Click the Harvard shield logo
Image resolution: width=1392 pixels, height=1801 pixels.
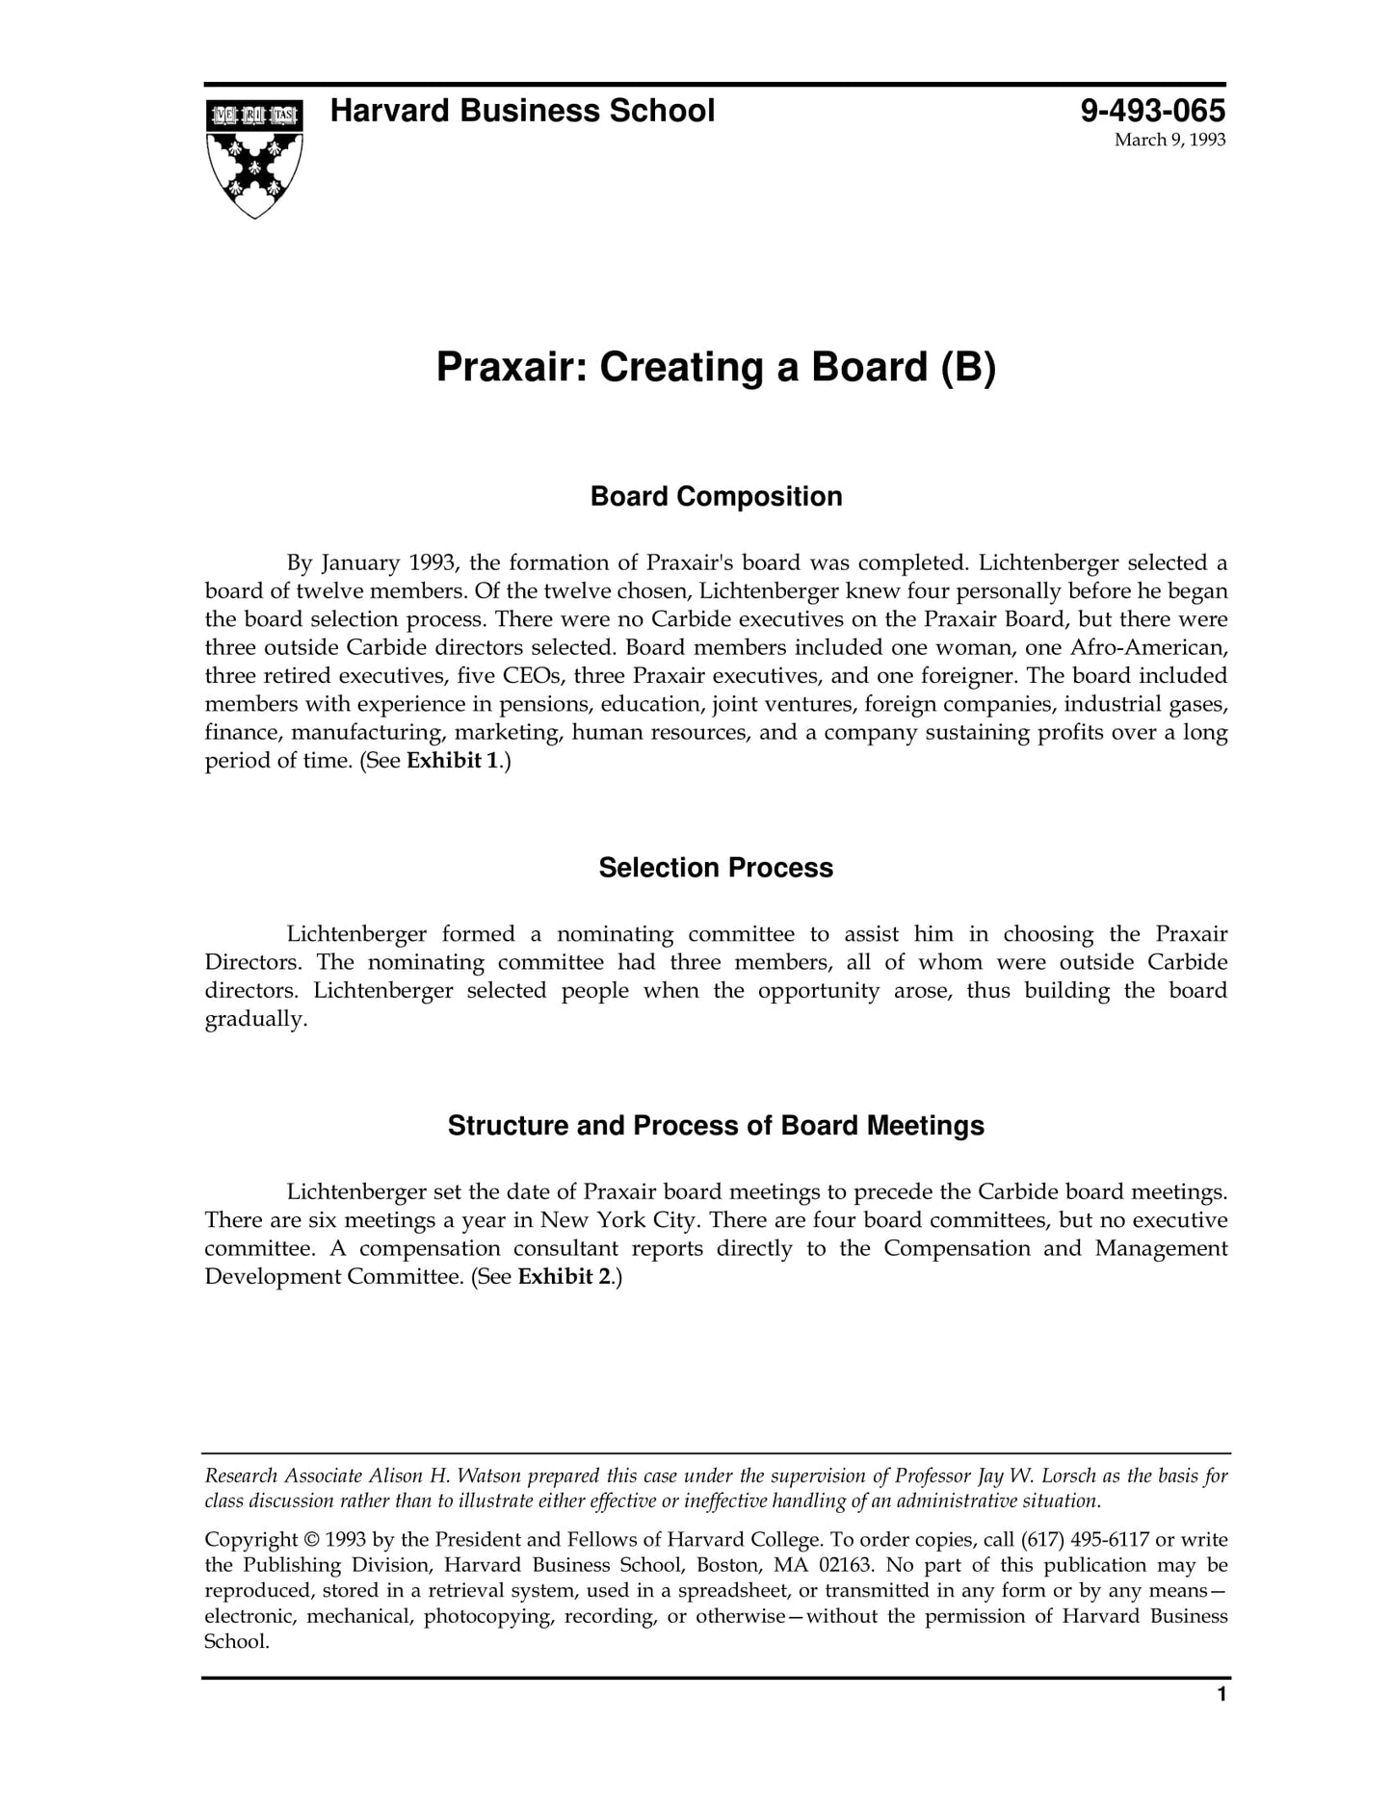[x=254, y=158]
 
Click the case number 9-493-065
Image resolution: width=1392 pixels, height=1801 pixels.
[x=1152, y=111]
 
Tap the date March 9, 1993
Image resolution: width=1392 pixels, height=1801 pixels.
[x=1169, y=140]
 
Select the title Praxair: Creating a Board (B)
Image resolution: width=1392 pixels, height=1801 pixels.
[x=716, y=367]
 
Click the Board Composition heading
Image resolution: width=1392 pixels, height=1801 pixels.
[x=716, y=497]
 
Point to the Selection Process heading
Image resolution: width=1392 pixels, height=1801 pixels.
[x=716, y=868]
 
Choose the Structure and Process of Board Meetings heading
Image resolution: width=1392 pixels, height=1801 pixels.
[x=716, y=1126]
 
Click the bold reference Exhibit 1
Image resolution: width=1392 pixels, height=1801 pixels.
[x=453, y=761]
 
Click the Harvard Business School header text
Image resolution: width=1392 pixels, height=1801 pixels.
[x=522, y=111]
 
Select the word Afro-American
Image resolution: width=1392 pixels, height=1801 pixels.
[x=1149, y=647]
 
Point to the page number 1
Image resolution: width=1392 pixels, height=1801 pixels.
[x=1221, y=1721]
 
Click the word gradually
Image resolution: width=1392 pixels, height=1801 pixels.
[x=255, y=1020]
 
